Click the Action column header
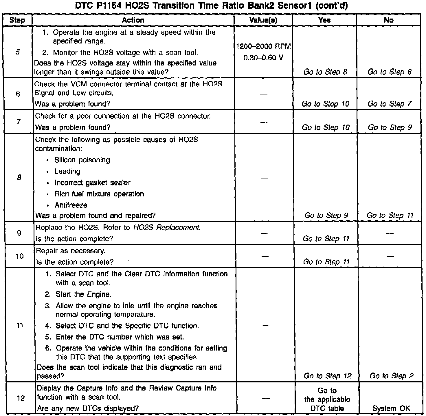click(133, 20)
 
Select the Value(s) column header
click(263, 20)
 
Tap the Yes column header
click(324, 20)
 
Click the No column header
click(388, 20)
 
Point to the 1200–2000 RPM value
click(263, 46)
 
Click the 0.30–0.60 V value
click(263, 58)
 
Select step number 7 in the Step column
click(18, 121)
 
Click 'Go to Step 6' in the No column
click(389, 72)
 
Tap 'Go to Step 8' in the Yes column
click(325, 72)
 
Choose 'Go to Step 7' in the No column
click(389, 104)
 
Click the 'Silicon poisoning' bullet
click(82, 160)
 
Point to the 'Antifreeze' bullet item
click(71, 205)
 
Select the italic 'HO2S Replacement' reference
click(167, 227)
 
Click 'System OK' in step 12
click(391, 408)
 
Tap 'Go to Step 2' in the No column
click(391, 376)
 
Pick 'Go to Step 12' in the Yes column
click(327, 376)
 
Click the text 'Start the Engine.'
click(83, 294)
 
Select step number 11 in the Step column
click(20, 325)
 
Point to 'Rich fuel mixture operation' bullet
click(99, 194)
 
